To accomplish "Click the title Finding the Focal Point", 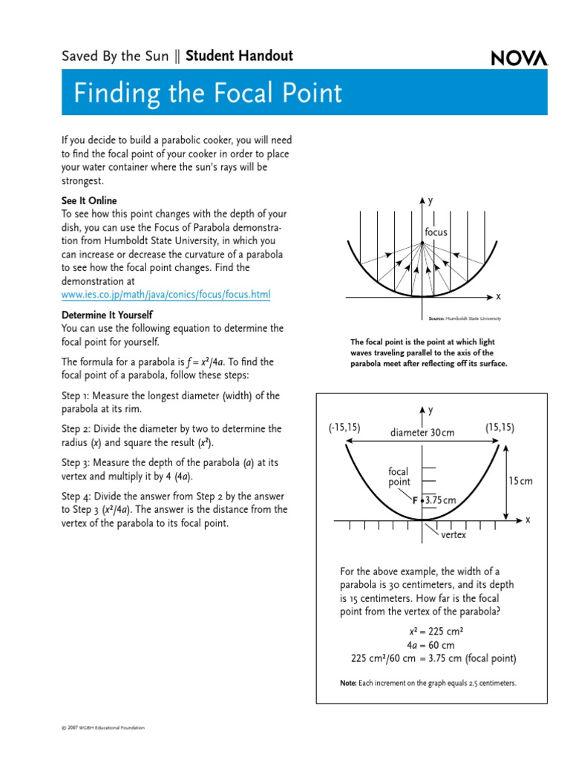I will click(x=208, y=94).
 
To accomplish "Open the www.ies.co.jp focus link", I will click(x=166, y=295).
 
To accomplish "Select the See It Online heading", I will click(x=89, y=201).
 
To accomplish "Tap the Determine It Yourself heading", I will click(x=107, y=315).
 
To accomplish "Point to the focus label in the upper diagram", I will click(x=436, y=232).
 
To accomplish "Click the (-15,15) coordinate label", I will click(x=344, y=427).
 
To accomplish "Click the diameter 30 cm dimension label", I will click(x=422, y=433).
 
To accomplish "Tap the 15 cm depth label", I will click(x=520, y=481).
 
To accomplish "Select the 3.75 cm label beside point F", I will click(x=440, y=500).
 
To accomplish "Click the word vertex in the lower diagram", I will click(x=453, y=535).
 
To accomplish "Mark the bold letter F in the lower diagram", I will click(x=416, y=500).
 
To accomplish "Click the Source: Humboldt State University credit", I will click(x=465, y=318).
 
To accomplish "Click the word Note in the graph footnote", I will click(x=349, y=682).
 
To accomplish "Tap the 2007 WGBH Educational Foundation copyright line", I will click(x=103, y=728).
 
